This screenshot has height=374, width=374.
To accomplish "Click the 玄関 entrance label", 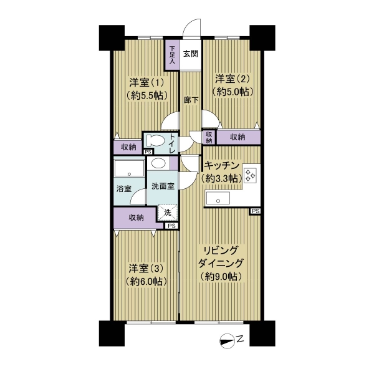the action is [x=191, y=54].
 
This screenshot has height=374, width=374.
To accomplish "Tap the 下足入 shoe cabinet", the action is [x=172, y=54].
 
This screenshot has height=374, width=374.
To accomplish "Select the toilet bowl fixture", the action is [x=155, y=140].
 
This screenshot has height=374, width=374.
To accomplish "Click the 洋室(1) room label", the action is [x=146, y=82].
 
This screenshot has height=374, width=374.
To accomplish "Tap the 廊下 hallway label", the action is [x=191, y=100].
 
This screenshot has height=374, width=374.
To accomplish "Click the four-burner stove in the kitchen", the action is [x=250, y=175].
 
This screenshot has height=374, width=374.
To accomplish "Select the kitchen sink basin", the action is [x=218, y=198].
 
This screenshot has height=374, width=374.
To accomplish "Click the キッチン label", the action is [x=222, y=165].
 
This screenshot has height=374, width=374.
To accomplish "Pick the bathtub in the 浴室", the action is [x=129, y=168].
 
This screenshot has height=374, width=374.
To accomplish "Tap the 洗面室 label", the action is [x=163, y=186].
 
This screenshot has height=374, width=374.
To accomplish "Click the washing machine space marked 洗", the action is [x=168, y=213].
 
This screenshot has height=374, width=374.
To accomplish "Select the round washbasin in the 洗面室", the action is [x=158, y=163].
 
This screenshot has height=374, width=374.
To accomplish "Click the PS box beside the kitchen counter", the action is [x=255, y=211].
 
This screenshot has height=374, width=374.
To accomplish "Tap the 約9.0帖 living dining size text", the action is [x=221, y=277].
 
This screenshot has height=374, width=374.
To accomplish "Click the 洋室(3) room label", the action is [x=146, y=269].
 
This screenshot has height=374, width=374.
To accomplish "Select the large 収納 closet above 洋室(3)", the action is [x=136, y=218].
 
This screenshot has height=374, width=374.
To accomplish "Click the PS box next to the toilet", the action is [x=148, y=151].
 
